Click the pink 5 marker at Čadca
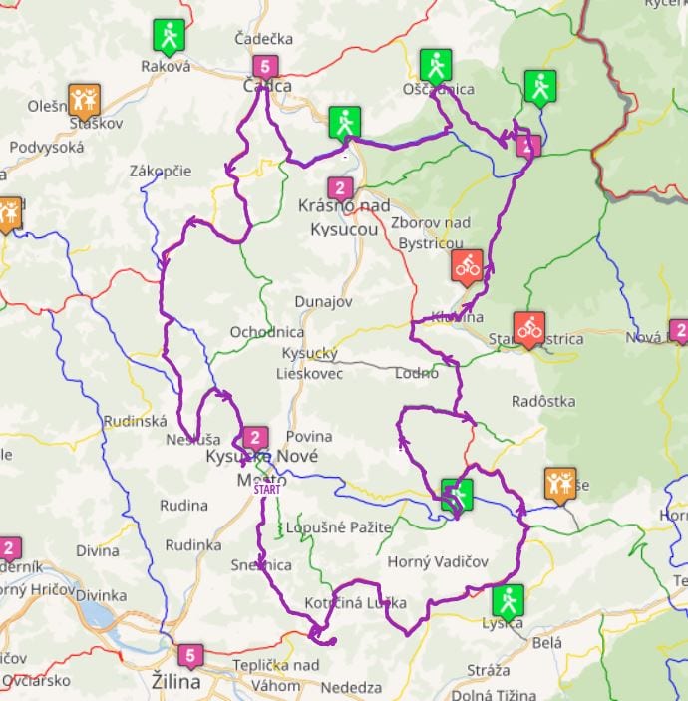pyautogui.click(x=263, y=67)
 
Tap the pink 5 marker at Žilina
pyautogui.click(x=190, y=656)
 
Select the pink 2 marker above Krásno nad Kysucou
pyautogui.click(x=340, y=187)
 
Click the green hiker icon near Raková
pyautogui.click(x=170, y=36)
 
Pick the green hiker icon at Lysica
pyautogui.click(x=507, y=600)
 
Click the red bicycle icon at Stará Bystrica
pyautogui.click(x=528, y=327)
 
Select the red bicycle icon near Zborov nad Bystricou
pyautogui.click(x=467, y=265)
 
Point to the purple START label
pyautogui.click(x=266, y=489)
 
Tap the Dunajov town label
pyautogui.click(x=324, y=301)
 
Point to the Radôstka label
pyautogui.click(x=542, y=401)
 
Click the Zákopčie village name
pyautogui.click(x=161, y=171)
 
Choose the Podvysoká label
pyautogui.click(x=47, y=147)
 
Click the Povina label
pyautogui.click(x=308, y=436)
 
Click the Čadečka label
pyautogui.click(x=263, y=38)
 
